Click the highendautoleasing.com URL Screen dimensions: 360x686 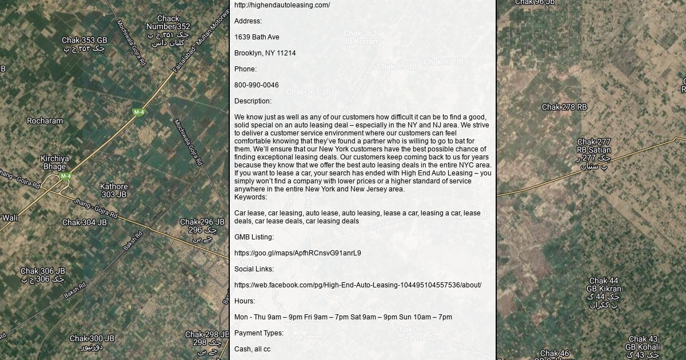pyautogui.click(x=282, y=5)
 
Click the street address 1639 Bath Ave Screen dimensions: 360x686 pyautogui.click(x=257, y=37)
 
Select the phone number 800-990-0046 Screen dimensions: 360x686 pyautogui.click(x=257, y=85)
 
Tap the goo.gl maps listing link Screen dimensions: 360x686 pyautogui.click(x=297, y=253)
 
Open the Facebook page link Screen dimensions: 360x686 pyautogui.click(x=357, y=285)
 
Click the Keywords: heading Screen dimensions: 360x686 pyautogui.click(x=250, y=197)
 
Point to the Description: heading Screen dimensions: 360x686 pyautogui.click(x=253, y=101)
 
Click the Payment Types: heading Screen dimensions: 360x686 pyautogui.click(x=258, y=333)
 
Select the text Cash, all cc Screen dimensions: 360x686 pyautogui.click(x=252, y=349)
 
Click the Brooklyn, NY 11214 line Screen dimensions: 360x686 pyautogui.click(x=265, y=53)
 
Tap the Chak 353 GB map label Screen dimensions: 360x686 pyautogui.click(x=84, y=41)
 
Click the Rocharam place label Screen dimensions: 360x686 pyautogui.click(x=45, y=121)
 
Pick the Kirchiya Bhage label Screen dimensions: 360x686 pyautogui.click(x=55, y=162)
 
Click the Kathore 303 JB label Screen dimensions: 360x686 pyautogui.click(x=114, y=190)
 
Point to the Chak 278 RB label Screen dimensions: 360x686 pyautogui.click(x=564, y=107)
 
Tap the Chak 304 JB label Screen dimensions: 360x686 pyautogui.click(x=84, y=222)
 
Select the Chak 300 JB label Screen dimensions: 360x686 pyautogui.click(x=91, y=338)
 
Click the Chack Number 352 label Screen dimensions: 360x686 pyautogui.click(x=168, y=22)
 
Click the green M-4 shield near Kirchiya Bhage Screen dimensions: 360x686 pyautogui.click(x=66, y=177)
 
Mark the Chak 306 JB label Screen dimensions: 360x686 pyautogui.click(x=43, y=271)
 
